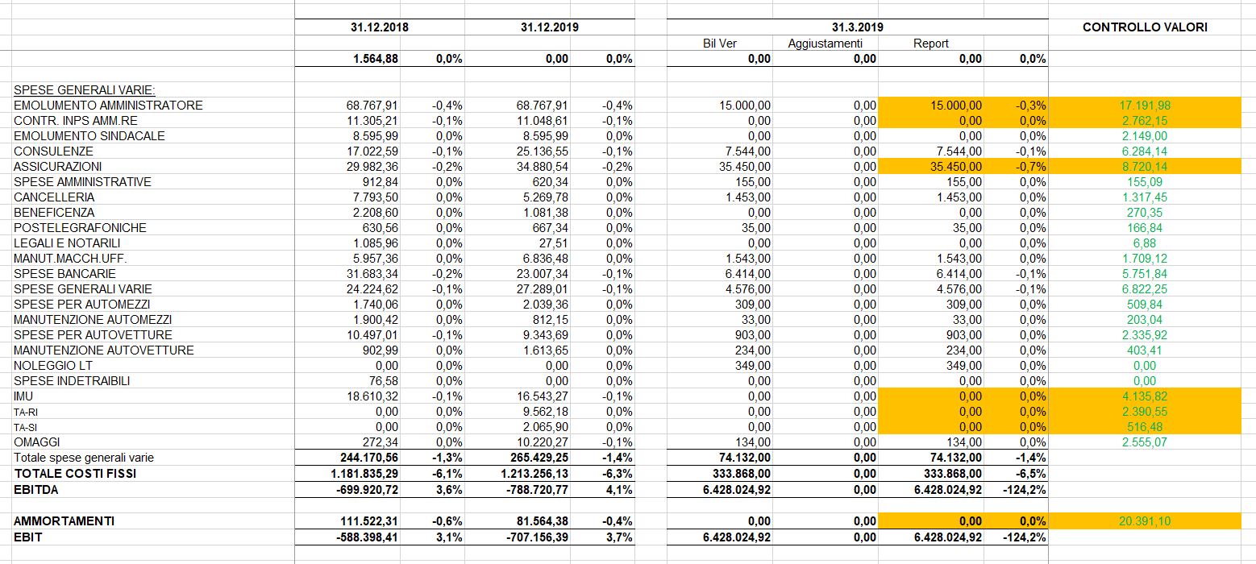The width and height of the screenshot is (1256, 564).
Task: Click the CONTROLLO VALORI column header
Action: tap(1145, 27)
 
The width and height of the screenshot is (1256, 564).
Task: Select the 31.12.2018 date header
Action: tap(380, 27)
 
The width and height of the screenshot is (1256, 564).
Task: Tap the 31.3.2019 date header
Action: tap(857, 27)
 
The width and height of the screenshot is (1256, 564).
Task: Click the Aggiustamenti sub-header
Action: tap(825, 44)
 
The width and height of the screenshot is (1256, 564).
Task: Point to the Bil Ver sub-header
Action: tap(719, 44)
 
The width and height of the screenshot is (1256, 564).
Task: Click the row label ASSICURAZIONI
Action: tap(58, 167)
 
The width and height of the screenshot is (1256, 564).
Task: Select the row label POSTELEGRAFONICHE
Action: tap(80, 228)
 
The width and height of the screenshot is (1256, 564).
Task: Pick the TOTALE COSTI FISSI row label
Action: tap(75, 473)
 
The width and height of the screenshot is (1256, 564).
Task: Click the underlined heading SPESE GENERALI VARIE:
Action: tap(85, 89)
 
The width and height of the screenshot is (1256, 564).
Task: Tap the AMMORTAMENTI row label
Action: tap(64, 520)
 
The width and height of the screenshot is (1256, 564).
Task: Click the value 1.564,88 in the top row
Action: tap(376, 59)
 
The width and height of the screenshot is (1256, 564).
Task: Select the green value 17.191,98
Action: tap(1145, 106)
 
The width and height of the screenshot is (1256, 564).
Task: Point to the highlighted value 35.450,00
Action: tap(956, 167)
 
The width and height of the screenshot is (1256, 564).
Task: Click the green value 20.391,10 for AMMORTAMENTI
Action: tap(1145, 520)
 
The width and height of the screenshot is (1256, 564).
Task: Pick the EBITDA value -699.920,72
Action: tap(368, 489)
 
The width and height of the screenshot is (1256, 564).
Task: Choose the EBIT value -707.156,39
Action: tap(537, 537)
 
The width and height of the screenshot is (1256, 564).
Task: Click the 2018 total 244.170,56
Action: tap(369, 458)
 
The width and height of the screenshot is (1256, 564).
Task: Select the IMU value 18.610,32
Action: tap(372, 396)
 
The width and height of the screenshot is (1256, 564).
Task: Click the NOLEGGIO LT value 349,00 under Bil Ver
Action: tap(752, 366)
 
